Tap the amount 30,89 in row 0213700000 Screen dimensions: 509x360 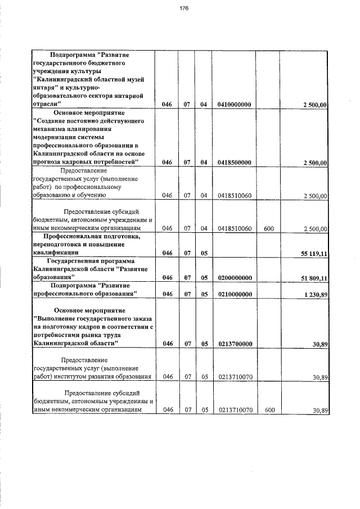point(320,344)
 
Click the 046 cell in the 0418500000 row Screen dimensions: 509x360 point(167,163)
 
